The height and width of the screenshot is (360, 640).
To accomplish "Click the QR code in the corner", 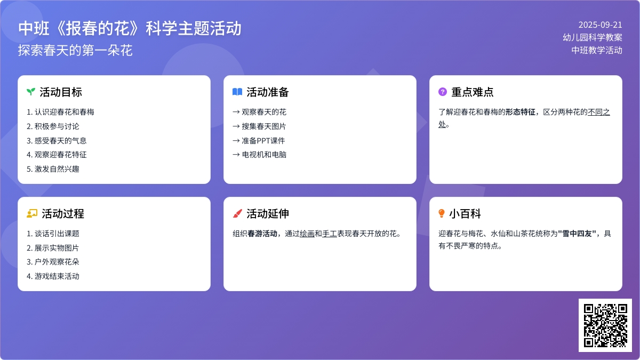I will pos(605,325).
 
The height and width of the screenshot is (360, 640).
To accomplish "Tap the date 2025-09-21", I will pos(600,25).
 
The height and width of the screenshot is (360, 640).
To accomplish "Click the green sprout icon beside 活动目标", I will pos(31,92).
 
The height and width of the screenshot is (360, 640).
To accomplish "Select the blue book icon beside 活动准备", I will pos(237,92).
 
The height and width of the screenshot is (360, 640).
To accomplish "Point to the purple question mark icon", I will pos(442,92).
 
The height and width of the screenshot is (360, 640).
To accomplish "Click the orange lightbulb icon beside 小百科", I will pos(442,213).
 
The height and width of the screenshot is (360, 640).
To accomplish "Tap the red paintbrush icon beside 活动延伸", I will pos(237,213).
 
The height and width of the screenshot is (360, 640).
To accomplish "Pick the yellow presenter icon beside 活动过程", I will pos(31,213).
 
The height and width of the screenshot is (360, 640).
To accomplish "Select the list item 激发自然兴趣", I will pos(57,169).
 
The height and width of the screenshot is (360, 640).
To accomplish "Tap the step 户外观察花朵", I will pos(57,262).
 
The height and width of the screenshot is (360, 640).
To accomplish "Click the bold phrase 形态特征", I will pos(521,112).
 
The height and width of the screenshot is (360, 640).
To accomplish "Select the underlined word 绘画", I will pos(307,233).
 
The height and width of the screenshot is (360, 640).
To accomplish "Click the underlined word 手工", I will pos(330,233).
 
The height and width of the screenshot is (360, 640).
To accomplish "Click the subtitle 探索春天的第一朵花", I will pos(75,50).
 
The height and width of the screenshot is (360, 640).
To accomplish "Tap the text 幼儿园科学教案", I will pos(592,37).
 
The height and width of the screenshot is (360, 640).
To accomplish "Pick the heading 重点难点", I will pos(472,92).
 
